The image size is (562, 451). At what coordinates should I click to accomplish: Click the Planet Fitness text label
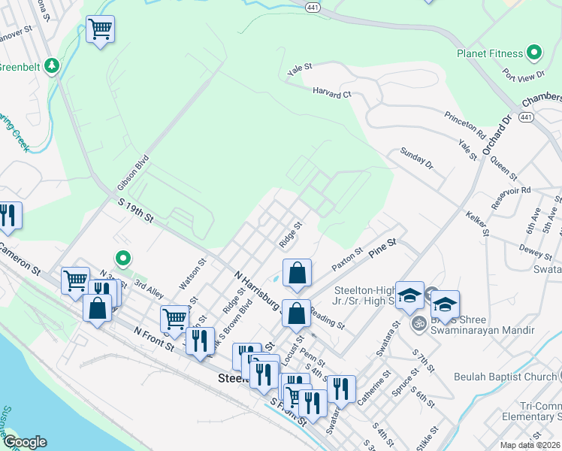(490, 53)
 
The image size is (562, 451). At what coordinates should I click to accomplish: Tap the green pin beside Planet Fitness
(534, 53)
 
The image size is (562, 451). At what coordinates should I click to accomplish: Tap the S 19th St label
(136, 210)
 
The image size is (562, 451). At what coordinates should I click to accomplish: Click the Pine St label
(382, 249)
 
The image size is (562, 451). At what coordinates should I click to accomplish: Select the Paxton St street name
(348, 261)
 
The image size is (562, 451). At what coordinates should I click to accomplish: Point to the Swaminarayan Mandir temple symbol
(419, 324)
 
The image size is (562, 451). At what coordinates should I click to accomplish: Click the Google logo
(25, 442)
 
